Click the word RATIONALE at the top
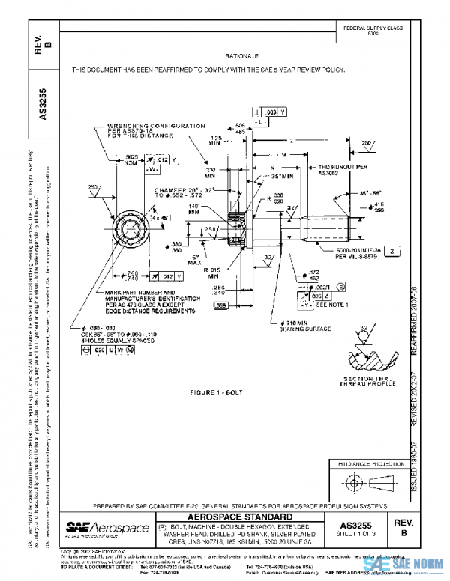click(x=241, y=56)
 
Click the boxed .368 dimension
click(x=221, y=305)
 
